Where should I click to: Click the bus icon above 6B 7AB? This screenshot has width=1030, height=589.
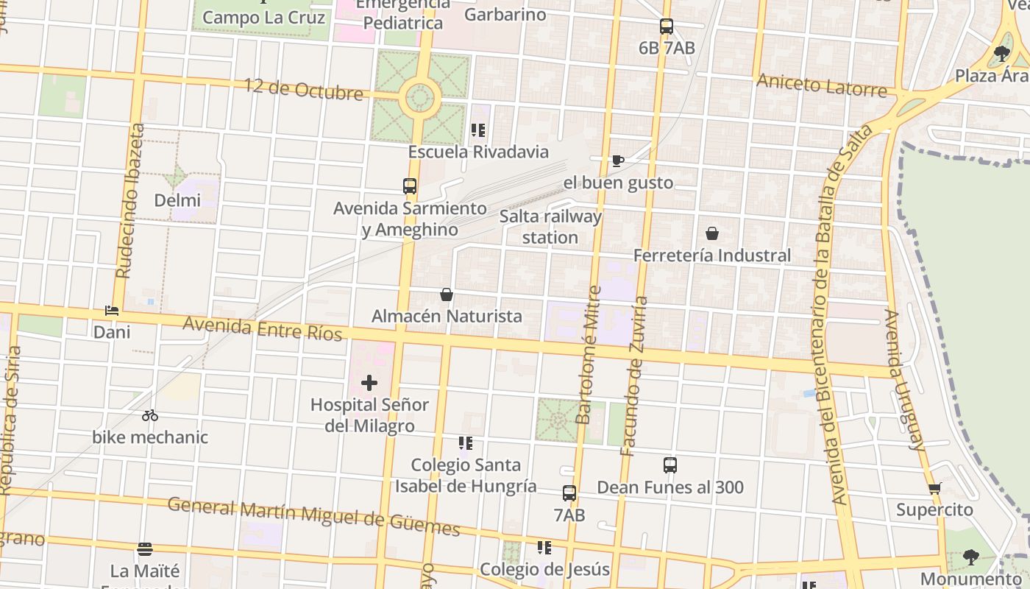coord(667,27)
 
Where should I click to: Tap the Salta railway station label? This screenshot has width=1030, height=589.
coord(550,227)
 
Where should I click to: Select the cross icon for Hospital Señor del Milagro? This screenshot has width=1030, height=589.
coord(369,383)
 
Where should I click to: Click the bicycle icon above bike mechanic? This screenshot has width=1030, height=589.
coord(150,415)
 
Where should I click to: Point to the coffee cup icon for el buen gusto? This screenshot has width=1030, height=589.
coord(618,161)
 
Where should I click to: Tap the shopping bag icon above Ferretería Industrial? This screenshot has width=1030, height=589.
coord(711,234)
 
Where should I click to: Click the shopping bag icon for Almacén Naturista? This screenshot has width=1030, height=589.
coord(447,295)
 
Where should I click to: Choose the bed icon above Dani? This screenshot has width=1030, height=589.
coord(112,311)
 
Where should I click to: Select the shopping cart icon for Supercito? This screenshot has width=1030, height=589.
coord(935,488)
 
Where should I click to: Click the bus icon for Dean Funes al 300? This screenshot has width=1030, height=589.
coord(669,465)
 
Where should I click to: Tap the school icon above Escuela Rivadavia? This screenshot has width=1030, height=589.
coord(478,130)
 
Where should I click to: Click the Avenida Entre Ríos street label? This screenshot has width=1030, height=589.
coord(263,328)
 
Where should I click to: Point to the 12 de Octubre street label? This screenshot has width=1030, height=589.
coord(304,89)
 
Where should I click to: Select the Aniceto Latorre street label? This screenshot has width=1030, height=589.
coord(822,85)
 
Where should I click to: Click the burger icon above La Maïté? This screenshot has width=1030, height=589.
coord(145,549)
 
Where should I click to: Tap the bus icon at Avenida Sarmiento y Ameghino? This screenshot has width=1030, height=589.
coord(410,186)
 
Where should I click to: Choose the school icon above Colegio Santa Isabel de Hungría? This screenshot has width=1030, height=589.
coord(465,443)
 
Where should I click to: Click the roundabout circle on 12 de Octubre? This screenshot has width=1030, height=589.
coord(420,97)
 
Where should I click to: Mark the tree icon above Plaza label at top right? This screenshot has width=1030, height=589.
coord(1001,53)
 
